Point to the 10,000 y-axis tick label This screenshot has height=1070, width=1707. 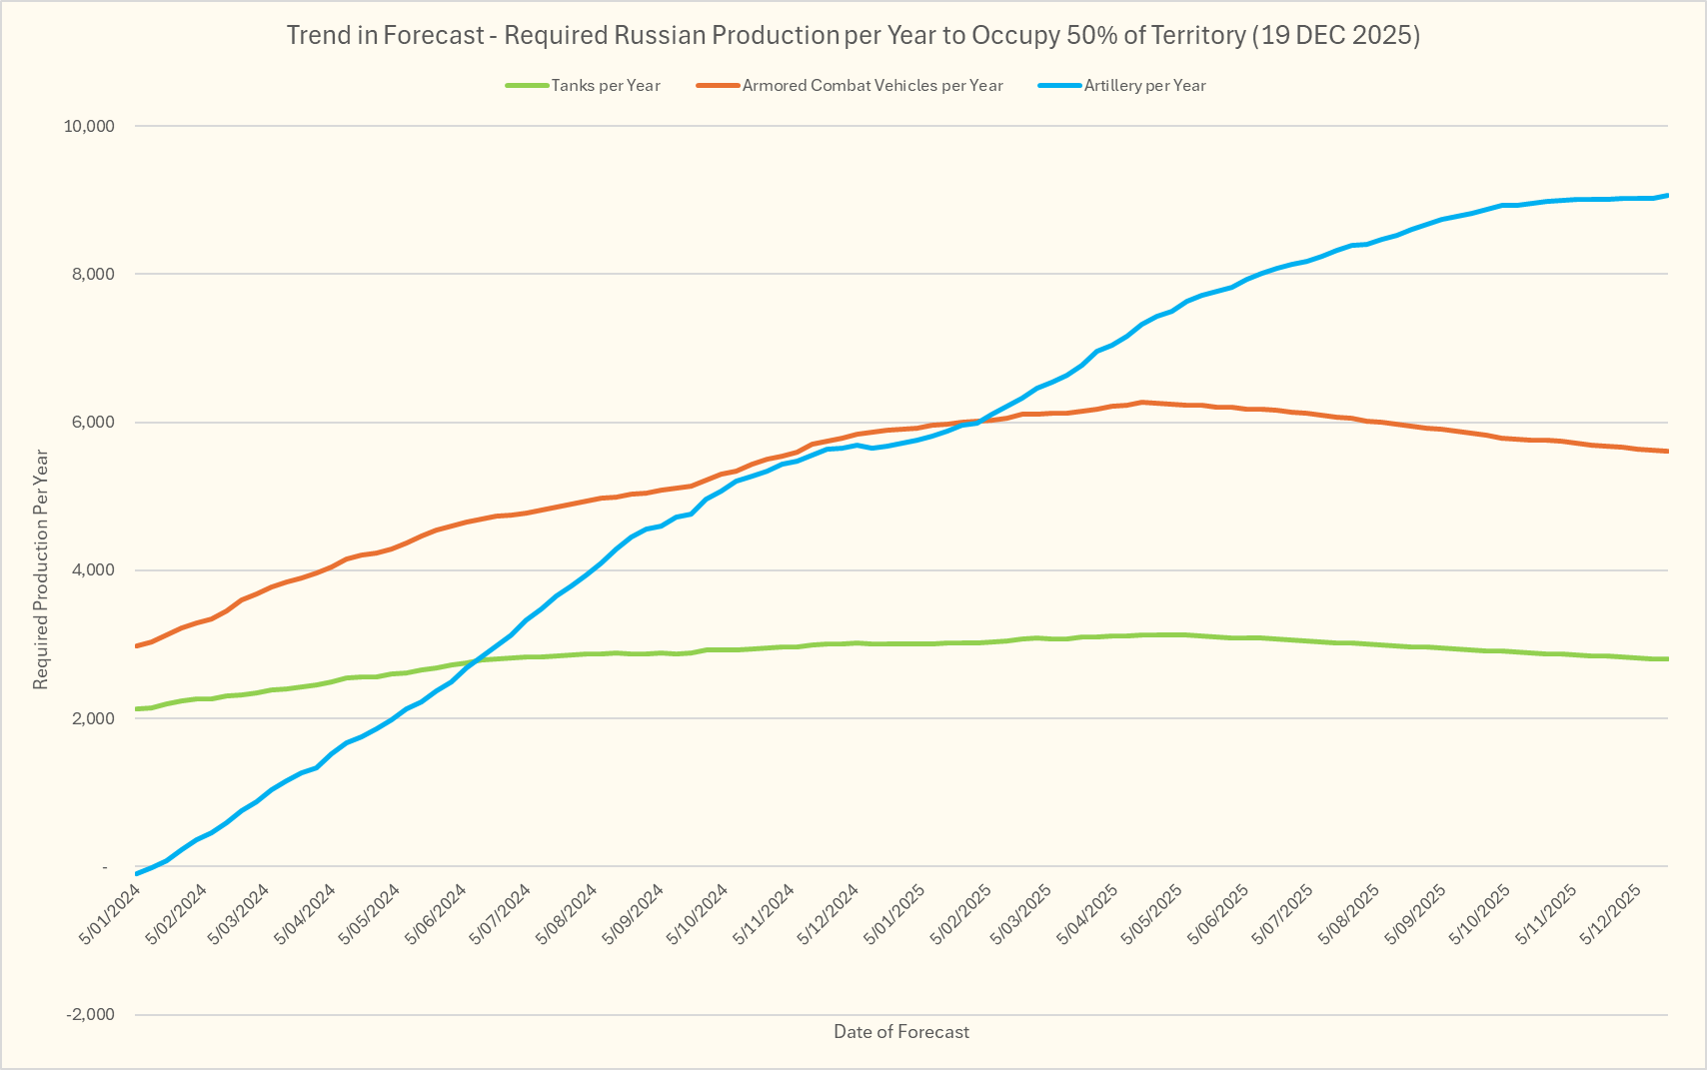tap(89, 126)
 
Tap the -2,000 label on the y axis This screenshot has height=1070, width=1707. tap(90, 1015)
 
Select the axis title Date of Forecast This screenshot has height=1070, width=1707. tap(900, 1032)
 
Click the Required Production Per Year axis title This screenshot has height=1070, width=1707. tap(41, 569)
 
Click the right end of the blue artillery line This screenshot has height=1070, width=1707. tap(1667, 196)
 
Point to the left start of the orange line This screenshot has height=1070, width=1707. tap(137, 646)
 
